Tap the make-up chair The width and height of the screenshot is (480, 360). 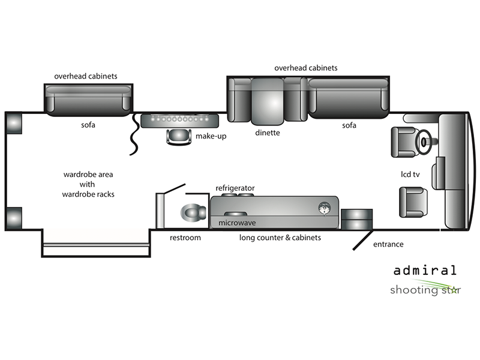pos(179,137)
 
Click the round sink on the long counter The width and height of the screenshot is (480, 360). pos(324,208)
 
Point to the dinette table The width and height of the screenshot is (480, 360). pos(267,101)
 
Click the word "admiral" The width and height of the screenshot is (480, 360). pos(425,271)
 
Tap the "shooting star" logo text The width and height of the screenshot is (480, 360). pos(425,290)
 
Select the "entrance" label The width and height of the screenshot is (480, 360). pos(388,244)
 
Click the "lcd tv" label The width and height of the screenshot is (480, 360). pos(410,174)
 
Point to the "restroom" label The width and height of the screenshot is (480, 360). pos(185,238)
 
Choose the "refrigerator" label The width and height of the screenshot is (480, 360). pos(235,188)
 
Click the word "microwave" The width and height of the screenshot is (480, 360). pos(237,223)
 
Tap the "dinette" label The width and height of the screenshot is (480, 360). pos(268,133)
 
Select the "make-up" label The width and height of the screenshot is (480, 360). pos(211,136)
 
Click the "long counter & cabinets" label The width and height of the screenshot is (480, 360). pos(280,238)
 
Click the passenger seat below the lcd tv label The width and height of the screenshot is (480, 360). pos(413,202)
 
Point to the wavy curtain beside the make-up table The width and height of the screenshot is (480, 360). pos(134,134)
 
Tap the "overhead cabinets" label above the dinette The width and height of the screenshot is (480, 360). pos(306,68)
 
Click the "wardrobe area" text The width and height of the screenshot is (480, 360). pos(88,175)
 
